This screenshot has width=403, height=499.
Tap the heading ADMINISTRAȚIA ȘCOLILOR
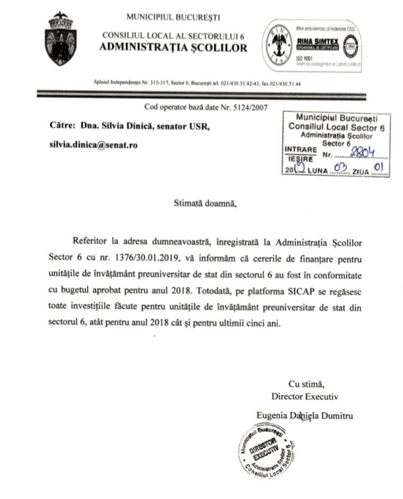[x=174, y=48]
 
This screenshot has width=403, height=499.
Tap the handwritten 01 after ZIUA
[x=379, y=168]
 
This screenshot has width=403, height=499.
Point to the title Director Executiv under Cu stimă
[x=305, y=396]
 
